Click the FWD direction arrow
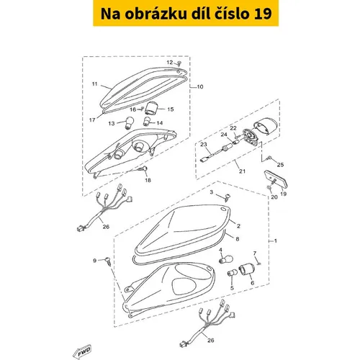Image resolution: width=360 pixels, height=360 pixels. [x=82, y=351]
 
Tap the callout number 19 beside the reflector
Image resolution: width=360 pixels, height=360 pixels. [x=284, y=194]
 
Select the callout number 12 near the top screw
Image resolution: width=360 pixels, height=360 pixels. [x=170, y=63]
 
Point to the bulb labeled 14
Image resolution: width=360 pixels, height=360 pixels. [x=146, y=122]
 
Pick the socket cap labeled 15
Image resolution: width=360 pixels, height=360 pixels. [x=151, y=108]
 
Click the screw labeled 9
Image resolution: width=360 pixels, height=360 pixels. [x=109, y=261]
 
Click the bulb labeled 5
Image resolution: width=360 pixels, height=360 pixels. [x=232, y=273]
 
